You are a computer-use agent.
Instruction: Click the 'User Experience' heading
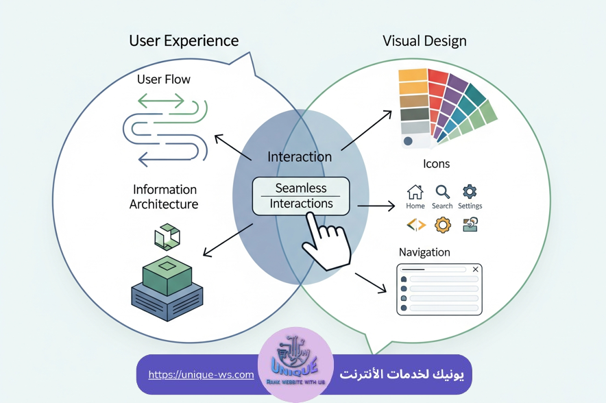[184, 40]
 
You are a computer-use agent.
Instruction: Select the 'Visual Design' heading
[424, 40]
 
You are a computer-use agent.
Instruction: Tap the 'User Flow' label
[164, 80]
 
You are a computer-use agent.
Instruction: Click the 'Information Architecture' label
[165, 197]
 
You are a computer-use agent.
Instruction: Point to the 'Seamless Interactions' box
[301, 195]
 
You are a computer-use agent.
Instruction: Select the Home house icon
[415, 192]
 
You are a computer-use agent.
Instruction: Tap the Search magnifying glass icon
[442, 192]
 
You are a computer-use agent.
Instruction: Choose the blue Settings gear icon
[470, 192]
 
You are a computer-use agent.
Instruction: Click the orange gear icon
[443, 224]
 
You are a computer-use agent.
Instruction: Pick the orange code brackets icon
[415, 224]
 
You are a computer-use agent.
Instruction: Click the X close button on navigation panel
[475, 269]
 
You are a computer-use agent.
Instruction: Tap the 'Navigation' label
[424, 252]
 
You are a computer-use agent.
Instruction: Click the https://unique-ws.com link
[201, 375]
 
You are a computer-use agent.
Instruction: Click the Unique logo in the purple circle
[295, 365]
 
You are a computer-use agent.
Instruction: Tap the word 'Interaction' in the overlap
[300, 157]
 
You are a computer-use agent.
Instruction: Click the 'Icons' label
[436, 164]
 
